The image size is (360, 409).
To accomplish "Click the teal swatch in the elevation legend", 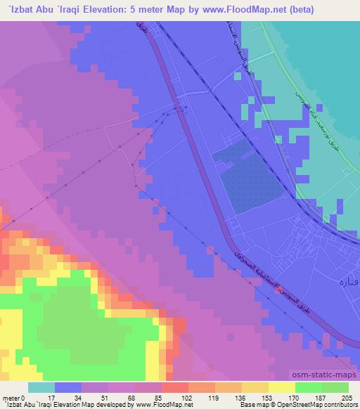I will point(41,387).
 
